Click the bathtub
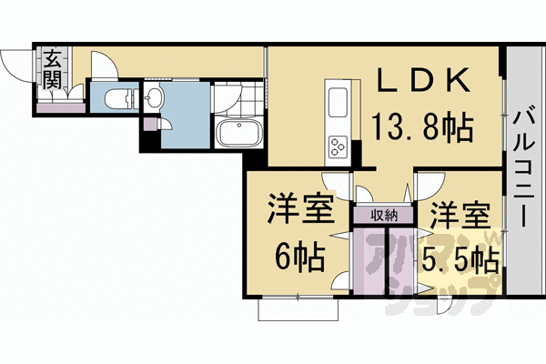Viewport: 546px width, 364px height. coord(239,133)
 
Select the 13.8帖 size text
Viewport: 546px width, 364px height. coord(421,127)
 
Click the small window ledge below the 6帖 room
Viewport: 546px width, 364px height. coord(299,309)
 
